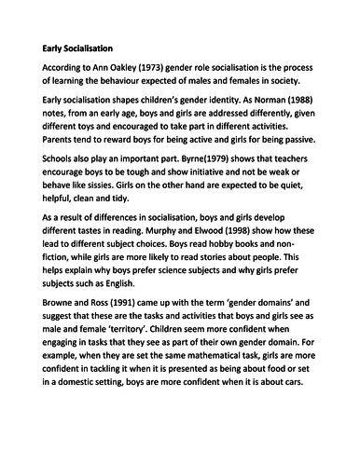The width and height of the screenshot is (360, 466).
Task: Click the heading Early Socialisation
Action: [x=77, y=46]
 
